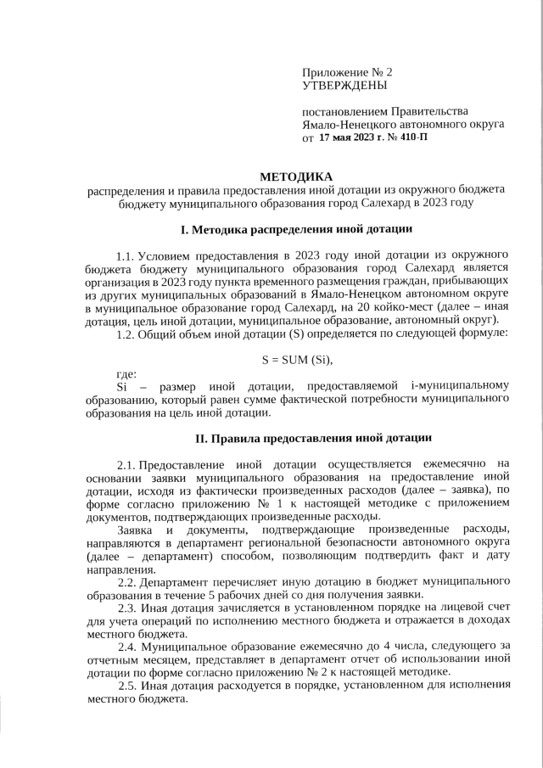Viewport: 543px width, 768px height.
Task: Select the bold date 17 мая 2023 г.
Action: click(352, 136)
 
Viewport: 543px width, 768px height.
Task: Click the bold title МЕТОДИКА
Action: click(296, 177)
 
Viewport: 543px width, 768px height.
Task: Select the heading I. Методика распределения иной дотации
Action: click(296, 229)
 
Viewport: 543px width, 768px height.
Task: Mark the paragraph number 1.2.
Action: click(126, 332)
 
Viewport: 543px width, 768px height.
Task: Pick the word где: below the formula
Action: click(126, 374)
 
